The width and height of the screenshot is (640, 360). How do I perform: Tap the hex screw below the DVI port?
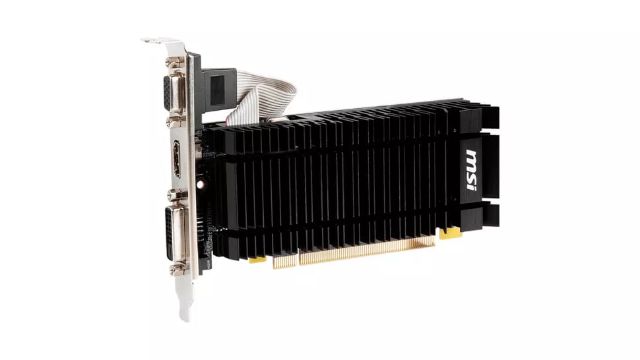tap(176, 268)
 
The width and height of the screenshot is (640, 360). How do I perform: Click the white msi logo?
tap(471, 170)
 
